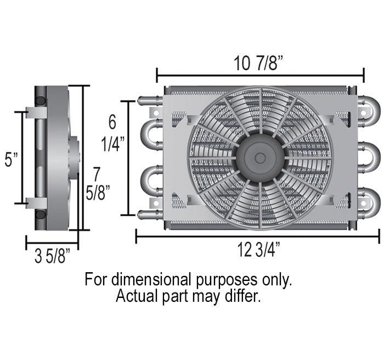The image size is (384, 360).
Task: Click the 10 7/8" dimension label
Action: [x=259, y=64]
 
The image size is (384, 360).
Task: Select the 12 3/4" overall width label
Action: [x=259, y=250]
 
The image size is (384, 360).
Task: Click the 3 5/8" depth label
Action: [x=52, y=256]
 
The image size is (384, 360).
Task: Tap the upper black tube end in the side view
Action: [x=41, y=101]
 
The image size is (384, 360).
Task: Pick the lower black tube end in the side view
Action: [x=41, y=215]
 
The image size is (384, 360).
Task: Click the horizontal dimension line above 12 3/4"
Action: [x=257, y=237]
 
